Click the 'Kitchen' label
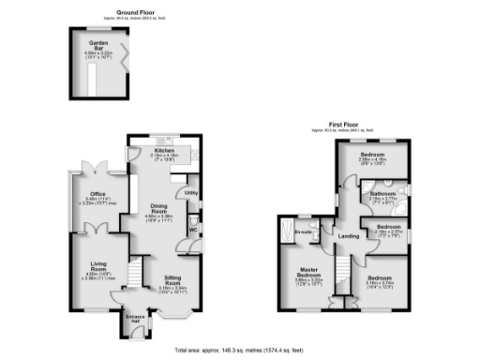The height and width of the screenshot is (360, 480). coord(161,148)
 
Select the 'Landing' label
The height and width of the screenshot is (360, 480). coord(348,235)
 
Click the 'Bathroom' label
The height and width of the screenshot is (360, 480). coord(383,194)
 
